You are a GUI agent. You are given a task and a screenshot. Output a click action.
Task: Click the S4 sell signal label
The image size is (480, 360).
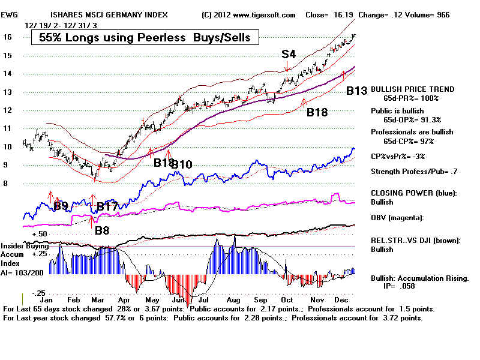[289, 54]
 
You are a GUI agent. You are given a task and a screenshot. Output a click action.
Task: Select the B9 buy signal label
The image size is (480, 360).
[61, 206]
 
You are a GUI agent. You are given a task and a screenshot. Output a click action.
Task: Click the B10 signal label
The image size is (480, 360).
[182, 164]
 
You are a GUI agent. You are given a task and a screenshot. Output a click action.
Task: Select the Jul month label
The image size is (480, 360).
[203, 298]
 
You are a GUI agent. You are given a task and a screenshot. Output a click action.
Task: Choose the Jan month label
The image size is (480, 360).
[43, 298]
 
